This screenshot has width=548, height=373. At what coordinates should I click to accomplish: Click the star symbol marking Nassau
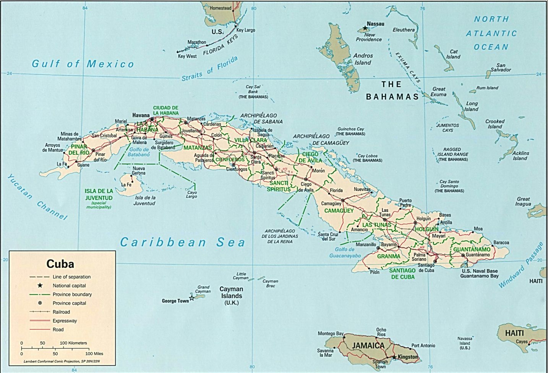click(365, 28)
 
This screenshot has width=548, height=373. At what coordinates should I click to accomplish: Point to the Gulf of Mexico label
click(83, 64)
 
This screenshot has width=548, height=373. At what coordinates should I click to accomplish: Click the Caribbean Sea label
click(182, 242)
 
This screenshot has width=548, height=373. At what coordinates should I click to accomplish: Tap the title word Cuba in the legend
click(60, 264)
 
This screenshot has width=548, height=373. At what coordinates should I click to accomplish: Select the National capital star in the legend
click(40, 285)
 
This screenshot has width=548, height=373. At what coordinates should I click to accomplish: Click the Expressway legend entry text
click(65, 321)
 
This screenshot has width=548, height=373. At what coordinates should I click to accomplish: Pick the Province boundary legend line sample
click(40, 294)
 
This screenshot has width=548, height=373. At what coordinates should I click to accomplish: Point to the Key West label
click(187, 56)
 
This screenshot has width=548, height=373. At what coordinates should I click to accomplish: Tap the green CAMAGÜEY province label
click(339, 210)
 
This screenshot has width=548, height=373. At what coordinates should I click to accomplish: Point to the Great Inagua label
click(523, 201)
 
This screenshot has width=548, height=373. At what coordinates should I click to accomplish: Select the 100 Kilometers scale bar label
click(73, 343)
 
